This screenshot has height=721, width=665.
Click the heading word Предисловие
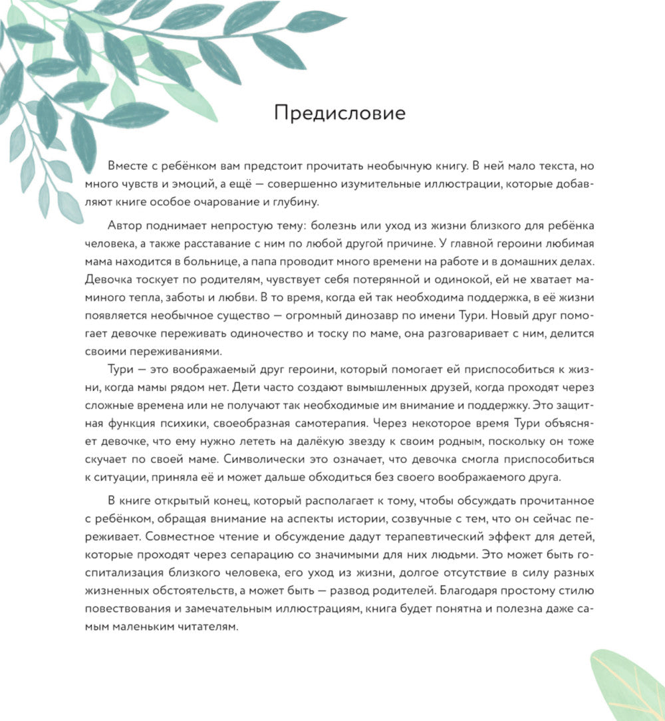pos(339,113)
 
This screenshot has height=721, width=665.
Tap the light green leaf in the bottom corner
pos(628,685)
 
